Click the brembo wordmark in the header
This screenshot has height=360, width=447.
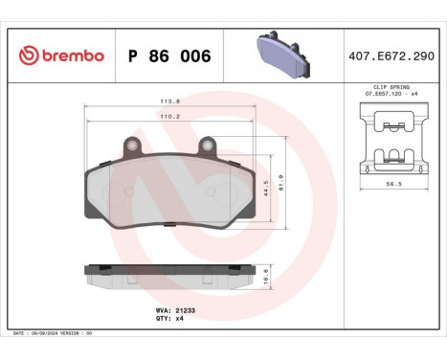pyautogui.click(x=69, y=56)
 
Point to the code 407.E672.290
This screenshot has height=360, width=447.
pyautogui.click(x=393, y=56)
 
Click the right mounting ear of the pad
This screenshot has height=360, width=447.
pyautogui.click(x=206, y=146)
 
